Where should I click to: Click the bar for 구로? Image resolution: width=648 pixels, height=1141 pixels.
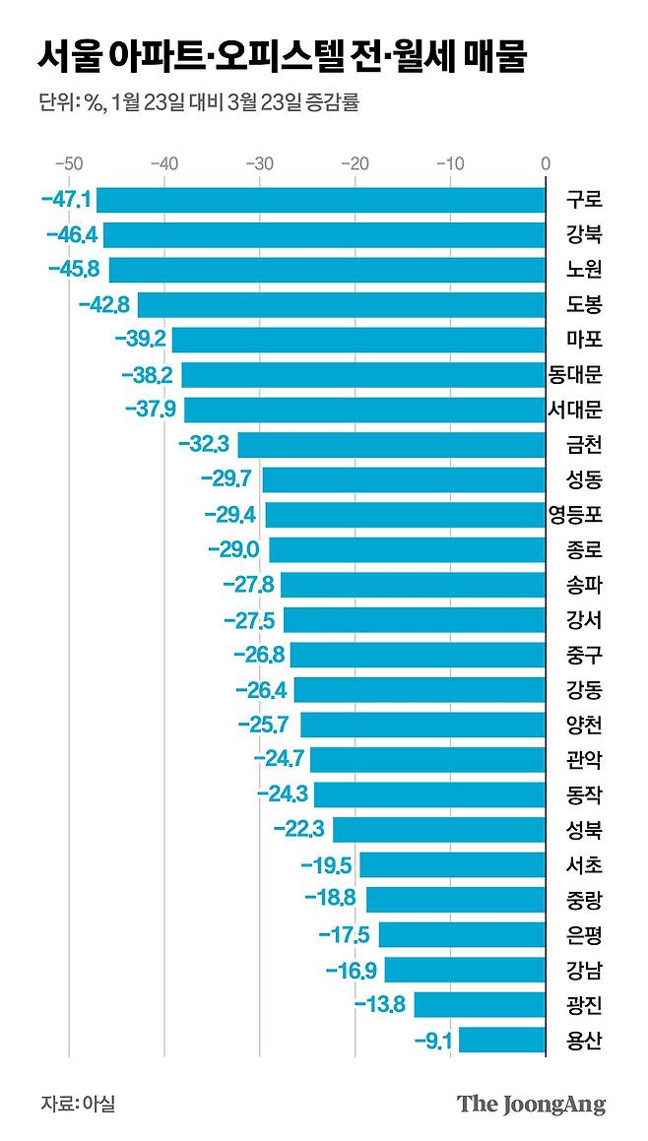point(321,200)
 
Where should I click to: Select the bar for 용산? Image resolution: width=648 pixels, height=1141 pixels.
point(502,1040)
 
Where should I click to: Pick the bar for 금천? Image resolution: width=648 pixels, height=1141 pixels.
point(392,445)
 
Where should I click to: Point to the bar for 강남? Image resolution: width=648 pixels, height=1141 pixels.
point(465,970)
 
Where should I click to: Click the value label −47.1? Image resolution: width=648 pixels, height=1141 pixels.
point(67,200)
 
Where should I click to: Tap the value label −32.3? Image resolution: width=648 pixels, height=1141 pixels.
point(204,445)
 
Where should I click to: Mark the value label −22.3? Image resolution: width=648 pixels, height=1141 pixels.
point(299,830)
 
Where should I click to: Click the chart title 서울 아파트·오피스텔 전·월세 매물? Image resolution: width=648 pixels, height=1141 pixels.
point(284,57)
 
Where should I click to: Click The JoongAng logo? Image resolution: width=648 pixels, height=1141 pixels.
point(531,1104)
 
